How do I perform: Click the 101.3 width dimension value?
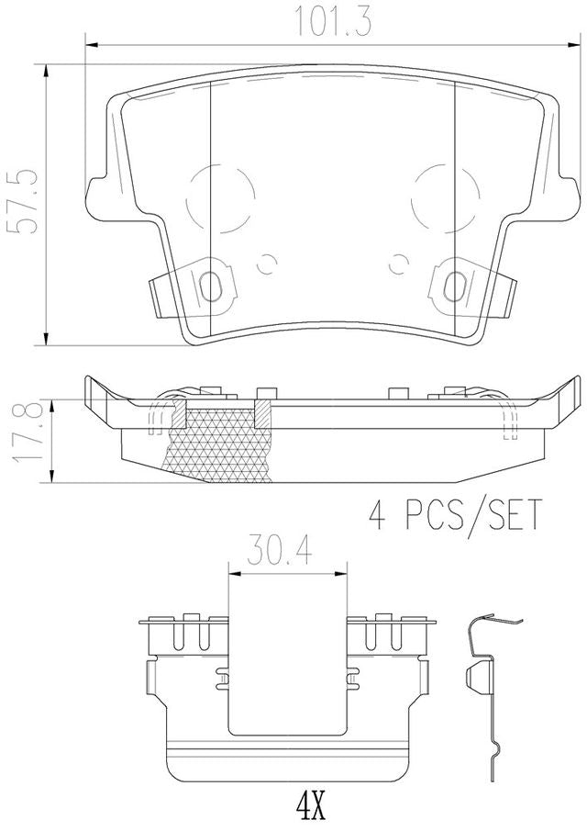point(333,21)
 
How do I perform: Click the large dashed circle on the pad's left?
point(220,196)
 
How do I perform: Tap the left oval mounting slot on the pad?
point(211,286)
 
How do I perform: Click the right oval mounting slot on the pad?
point(452,286)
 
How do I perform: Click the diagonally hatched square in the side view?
point(261,414)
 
